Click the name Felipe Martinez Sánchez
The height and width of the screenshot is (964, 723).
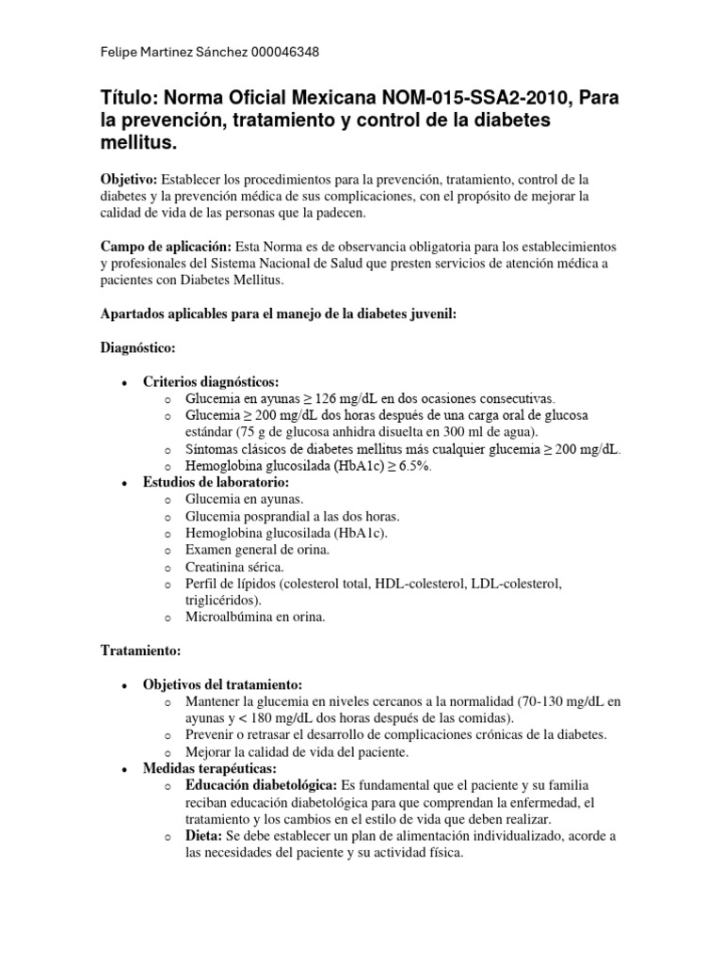[174, 53]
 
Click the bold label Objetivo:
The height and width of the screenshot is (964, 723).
[130, 179]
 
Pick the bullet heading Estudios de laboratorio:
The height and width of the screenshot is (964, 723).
[217, 483]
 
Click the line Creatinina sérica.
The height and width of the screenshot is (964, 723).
[234, 568]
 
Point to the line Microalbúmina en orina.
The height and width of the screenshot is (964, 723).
[256, 618]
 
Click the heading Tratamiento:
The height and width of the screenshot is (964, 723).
[139, 651]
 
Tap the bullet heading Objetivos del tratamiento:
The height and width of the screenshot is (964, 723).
[222, 684]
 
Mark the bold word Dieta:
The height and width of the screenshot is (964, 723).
[204, 836]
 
